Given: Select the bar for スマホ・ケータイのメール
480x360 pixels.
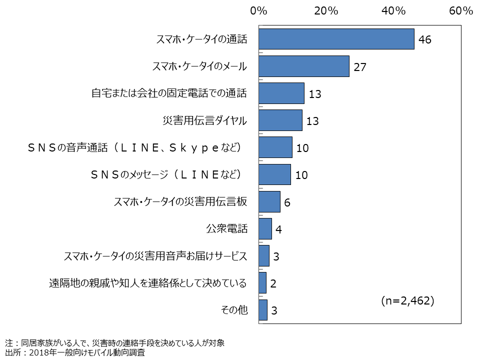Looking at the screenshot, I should [303, 66].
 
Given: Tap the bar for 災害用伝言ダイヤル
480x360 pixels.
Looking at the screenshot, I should [280, 120].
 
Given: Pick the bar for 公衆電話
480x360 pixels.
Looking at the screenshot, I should [265, 228].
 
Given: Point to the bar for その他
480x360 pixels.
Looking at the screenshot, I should [263, 310].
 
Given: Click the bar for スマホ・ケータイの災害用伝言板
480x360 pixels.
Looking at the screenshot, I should [269, 201].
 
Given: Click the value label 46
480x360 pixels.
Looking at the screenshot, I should [425, 39].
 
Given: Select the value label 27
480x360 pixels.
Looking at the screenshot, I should [360, 66].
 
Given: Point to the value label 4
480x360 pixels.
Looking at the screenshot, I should [279, 229].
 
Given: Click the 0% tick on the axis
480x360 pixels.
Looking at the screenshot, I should [258, 11].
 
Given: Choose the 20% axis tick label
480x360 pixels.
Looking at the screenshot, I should [326, 11].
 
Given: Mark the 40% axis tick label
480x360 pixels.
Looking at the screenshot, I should [393, 11].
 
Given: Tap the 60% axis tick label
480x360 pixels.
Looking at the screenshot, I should [460, 11].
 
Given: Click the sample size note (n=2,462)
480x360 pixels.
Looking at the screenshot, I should [407, 300].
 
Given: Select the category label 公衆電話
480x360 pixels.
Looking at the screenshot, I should [226, 229].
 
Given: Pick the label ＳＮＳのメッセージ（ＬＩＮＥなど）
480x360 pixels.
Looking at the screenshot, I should [166, 174].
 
